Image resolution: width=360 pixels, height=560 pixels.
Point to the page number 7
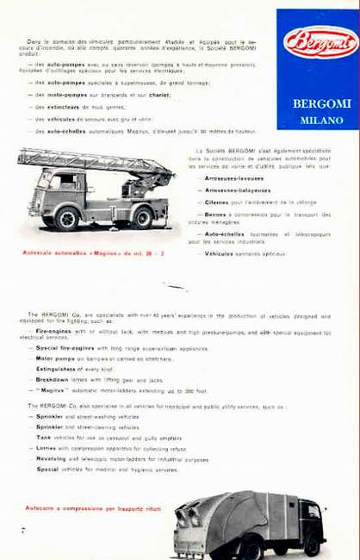23,530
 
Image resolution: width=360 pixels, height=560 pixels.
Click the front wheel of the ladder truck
66,219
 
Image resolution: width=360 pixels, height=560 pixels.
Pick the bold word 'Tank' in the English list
44,437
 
